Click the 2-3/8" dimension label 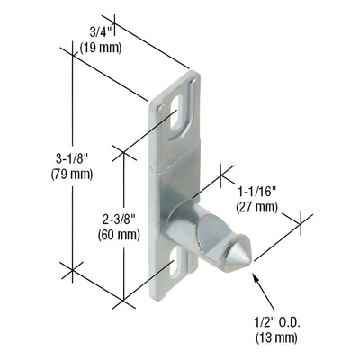click(118, 219)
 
